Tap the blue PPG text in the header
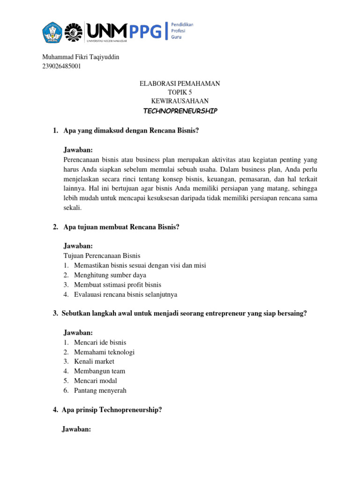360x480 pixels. [x=145, y=31]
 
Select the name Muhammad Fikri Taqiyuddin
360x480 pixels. [x=81, y=57]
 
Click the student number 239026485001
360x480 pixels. [x=61, y=66]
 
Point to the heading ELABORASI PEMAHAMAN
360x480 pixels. [x=180, y=83]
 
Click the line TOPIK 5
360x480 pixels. [x=180, y=92]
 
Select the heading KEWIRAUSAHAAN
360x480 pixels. [x=180, y=101]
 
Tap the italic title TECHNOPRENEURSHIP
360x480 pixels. [x=180, y=111]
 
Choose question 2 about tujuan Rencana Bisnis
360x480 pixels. [x=121, y=227]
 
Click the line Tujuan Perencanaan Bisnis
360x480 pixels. [x=102, y=256]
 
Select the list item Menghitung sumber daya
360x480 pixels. [x=110, y=275]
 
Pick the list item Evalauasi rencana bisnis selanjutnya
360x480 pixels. [x=126, y=294]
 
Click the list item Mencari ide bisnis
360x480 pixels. [x=100, y=343]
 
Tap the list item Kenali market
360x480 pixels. [x=94, y=361]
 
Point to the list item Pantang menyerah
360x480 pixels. [x=100, y=390]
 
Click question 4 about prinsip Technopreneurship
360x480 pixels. [x=112, y=410]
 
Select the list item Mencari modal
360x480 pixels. [x=96, y=381]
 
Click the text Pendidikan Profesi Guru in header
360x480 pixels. [x=182, y=30]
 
